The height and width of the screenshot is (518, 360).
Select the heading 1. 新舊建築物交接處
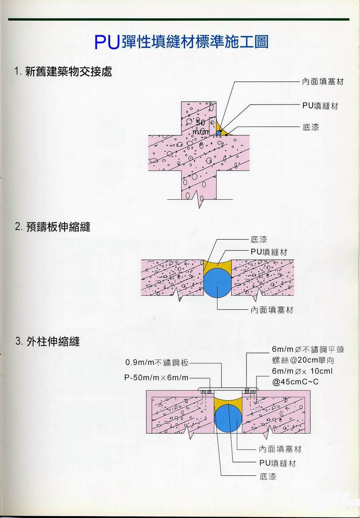(x=63, y=72)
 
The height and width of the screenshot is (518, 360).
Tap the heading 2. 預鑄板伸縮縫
(x=52, y=227)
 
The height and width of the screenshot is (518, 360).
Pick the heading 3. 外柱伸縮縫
(x=47, y=341)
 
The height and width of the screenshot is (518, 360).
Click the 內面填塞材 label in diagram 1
(x=323, y=82)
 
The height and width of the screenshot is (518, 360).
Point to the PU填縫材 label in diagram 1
(x=320, y=106)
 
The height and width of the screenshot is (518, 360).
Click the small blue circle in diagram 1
(x=218, y=133)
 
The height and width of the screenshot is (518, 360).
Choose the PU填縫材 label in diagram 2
(x=268, y=252)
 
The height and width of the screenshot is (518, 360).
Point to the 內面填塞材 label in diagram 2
(x=271, y=310)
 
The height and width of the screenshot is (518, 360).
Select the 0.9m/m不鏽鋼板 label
(x=157, y=362)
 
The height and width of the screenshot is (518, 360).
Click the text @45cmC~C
(x=295, y=381)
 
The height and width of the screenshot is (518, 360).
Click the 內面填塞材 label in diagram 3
(x=280, y=449)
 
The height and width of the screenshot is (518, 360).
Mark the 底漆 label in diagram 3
(x=268, y=477)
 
